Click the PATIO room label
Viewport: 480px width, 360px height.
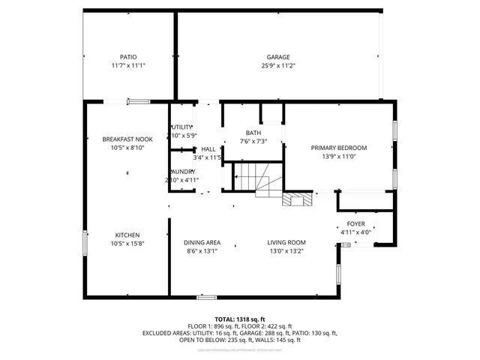click(x=128, y=57)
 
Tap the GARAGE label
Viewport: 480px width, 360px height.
click(x=278, y=57)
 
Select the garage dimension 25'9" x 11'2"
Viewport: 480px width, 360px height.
click(x=278, y=66)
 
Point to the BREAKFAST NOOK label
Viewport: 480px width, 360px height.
click(x=127, y=139)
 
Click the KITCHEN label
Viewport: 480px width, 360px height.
click(x=127, y=235)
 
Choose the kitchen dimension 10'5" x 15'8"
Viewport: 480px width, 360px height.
click(x=127, y=244)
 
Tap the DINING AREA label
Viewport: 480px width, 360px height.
click(x=202, y=242)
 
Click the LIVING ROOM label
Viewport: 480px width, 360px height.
click(x=287, y=242)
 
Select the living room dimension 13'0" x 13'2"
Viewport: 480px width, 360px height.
click(x=287, y=251)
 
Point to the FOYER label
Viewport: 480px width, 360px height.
click(x=355, y=223)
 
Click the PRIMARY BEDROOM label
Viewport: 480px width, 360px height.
click(x=339, y=148)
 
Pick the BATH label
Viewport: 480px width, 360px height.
click(x=253, y=133)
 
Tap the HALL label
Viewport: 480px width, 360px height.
click(x=208, y=148)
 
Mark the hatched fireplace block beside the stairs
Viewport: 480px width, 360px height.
click(x=295, y=199)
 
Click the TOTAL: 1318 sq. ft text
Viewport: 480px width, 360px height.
click(x=240, y=319)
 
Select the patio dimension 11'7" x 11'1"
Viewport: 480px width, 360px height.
click(x=128, y=66)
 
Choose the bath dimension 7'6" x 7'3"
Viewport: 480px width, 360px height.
click(x=253, y=142)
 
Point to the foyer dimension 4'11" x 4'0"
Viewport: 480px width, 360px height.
click(x=355, y=232)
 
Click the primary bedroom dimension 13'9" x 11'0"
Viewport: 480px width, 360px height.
click(x=339, y=157)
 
